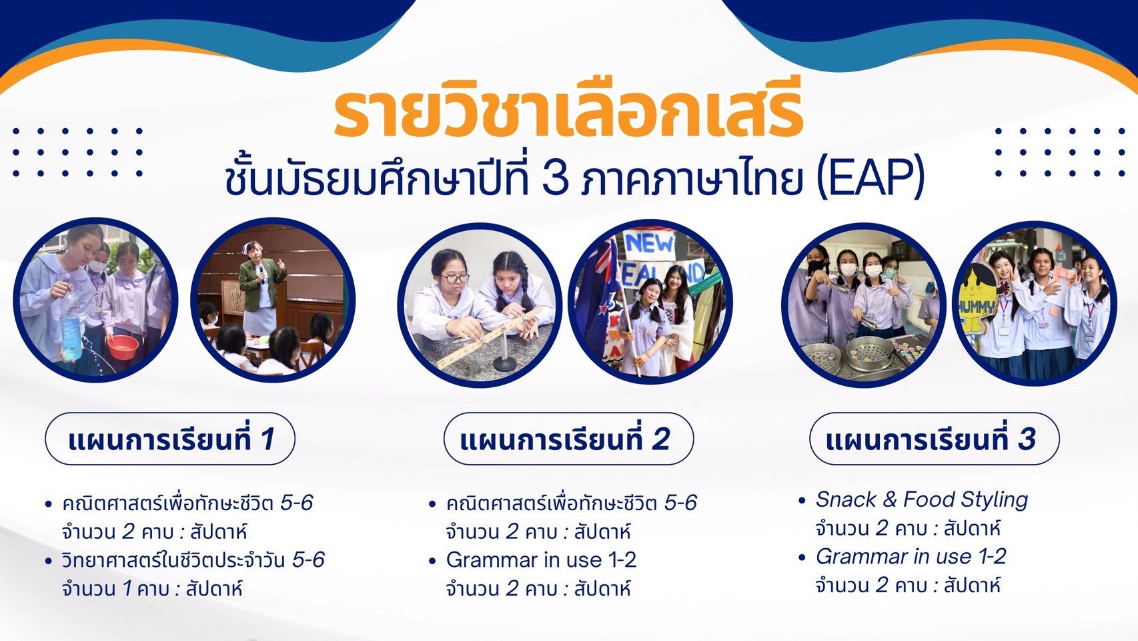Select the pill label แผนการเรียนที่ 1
pos(170,439)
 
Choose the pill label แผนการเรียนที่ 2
pos(568,439)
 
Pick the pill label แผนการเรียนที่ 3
pos(935,439)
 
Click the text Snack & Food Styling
pos(922,499)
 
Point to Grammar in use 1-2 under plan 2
pos(541,560)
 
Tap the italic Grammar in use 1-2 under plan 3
pos(911,557)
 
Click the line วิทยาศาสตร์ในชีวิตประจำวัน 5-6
pos(193,560)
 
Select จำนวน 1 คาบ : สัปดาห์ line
pos(152,589)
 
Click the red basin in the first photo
pos(123,347)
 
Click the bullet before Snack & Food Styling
pos(802,500)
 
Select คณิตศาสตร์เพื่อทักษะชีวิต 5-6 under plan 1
pos(187,503)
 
